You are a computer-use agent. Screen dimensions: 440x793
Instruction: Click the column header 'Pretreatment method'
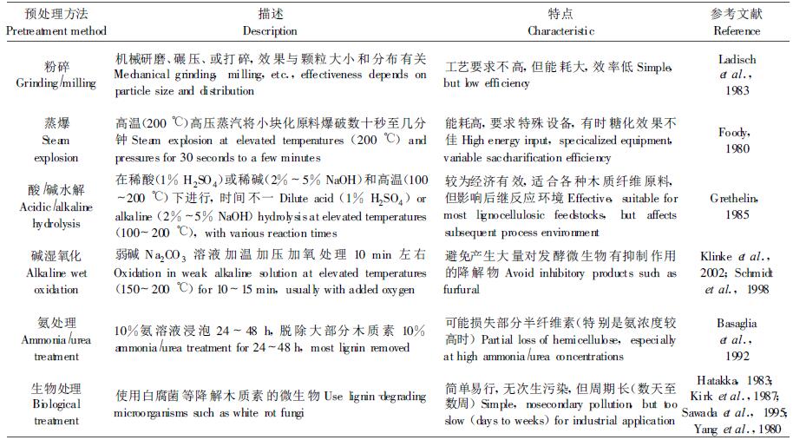coord(56,31)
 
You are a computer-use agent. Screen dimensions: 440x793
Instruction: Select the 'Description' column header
coord(271,31)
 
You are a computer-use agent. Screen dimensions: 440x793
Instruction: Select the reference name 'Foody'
coord(735,132)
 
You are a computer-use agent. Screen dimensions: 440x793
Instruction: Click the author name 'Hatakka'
coord(720,379)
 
